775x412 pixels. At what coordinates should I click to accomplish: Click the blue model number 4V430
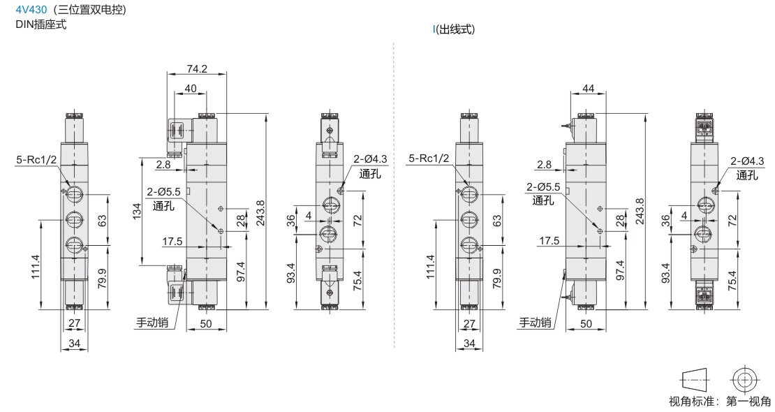(31, 9)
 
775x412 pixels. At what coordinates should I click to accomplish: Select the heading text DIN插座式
(41, 24)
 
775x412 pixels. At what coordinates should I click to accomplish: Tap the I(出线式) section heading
(454, 29)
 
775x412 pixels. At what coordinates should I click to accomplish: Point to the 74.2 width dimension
(197, 68)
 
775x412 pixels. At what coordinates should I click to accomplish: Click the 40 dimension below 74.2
(191, 89)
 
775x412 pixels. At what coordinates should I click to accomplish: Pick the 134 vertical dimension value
(138, 211)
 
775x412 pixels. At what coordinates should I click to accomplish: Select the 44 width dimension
(588, 89)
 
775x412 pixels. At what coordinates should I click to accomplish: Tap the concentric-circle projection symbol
(744, 380)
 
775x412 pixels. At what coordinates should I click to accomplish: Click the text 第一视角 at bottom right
(748, 402)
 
